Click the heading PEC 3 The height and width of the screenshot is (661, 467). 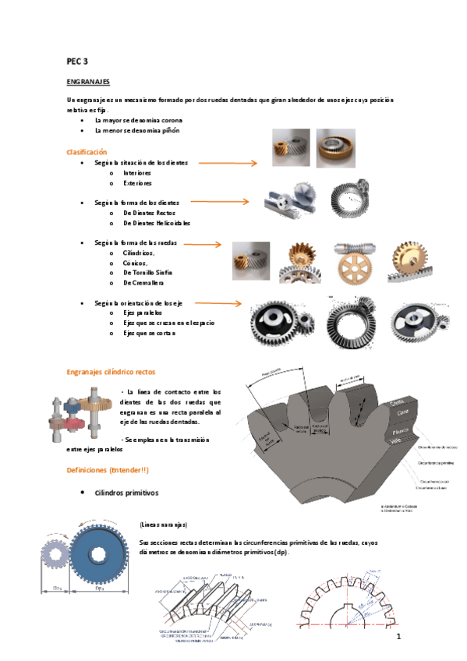click(76, 59)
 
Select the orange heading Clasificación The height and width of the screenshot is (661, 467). click(87, 152)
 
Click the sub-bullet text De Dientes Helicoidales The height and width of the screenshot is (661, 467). click(157, 223)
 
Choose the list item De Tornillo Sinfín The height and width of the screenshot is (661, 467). click(147, 272)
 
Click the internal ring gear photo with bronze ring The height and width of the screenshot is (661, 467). click(335, 148)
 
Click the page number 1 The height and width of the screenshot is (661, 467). click(398, 638)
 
